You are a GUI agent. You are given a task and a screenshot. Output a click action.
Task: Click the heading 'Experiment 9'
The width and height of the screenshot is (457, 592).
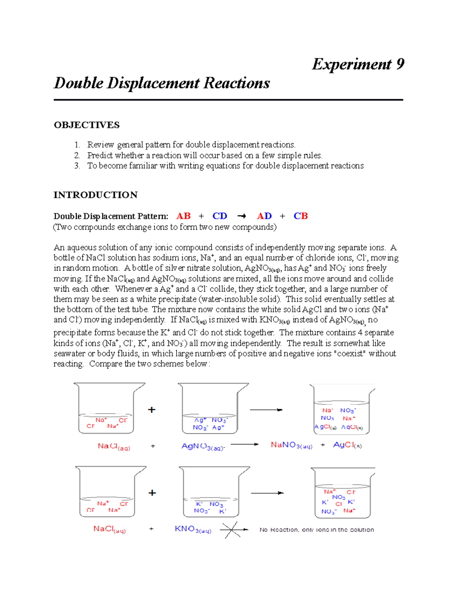coord(358,64)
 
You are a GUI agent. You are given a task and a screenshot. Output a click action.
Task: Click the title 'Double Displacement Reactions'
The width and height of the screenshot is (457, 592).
coord(162,83)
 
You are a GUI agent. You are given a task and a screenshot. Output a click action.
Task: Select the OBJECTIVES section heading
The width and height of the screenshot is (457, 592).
coord(87,125)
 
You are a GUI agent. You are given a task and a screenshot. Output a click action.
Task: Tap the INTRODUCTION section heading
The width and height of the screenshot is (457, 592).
coord(96,195)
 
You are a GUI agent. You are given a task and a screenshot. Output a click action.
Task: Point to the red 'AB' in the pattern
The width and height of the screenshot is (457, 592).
coord(184,216)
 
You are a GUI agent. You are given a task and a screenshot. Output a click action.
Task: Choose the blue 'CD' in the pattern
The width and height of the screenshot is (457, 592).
coord(220,216)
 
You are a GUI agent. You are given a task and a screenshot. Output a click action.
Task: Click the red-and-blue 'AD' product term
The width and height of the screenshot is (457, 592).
coord(264,216)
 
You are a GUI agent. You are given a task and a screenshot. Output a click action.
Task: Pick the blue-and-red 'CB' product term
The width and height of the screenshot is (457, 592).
coord(300,216)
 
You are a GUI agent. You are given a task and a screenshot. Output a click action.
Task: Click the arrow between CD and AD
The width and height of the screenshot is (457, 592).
coord(242,216)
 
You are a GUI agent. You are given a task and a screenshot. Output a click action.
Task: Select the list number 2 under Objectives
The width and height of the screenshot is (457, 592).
coord(77,155)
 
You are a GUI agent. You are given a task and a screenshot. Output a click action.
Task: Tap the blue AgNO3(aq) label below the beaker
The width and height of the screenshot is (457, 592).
coord(203,446)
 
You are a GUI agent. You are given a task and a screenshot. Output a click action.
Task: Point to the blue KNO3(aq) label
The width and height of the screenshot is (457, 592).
coord(193,529)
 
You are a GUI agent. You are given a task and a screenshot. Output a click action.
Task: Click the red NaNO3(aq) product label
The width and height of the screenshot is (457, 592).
coord(291,445)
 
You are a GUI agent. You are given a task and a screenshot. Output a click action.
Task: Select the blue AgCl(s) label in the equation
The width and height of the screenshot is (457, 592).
coord(347,445)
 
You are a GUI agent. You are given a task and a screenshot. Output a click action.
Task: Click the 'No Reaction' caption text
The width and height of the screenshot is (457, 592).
coord(316,529)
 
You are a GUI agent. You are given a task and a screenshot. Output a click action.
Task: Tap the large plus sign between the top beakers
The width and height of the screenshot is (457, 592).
coord(152,410)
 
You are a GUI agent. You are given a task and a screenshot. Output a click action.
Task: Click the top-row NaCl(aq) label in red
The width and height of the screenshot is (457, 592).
coord(114,446)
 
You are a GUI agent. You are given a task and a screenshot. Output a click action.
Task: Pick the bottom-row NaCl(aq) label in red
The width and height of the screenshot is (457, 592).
coord(109,529)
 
